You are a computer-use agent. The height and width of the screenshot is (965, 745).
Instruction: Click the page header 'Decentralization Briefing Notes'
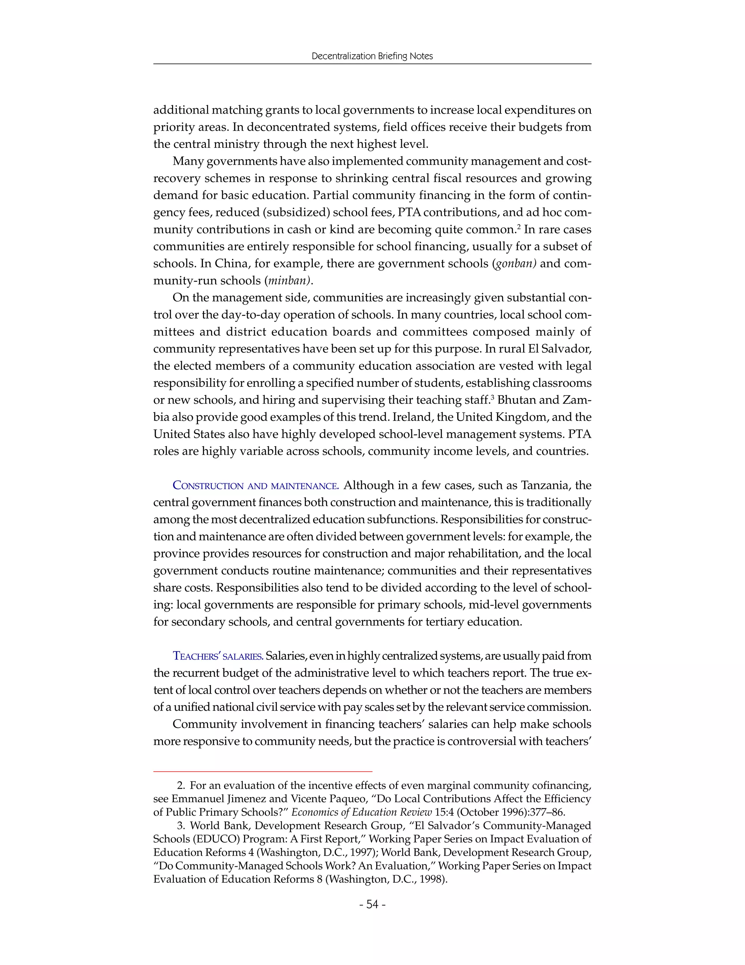coord(372,56)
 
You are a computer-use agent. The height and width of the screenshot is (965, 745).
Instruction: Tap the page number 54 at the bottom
coord(372,905)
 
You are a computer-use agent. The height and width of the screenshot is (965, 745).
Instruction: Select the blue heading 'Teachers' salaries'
coord(218,656)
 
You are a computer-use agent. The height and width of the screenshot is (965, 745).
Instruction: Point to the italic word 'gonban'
coord(515,264)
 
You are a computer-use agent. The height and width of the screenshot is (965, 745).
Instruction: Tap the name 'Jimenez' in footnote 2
coord(247,799)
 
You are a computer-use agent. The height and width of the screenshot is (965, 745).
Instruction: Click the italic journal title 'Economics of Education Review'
coord(362,812)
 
